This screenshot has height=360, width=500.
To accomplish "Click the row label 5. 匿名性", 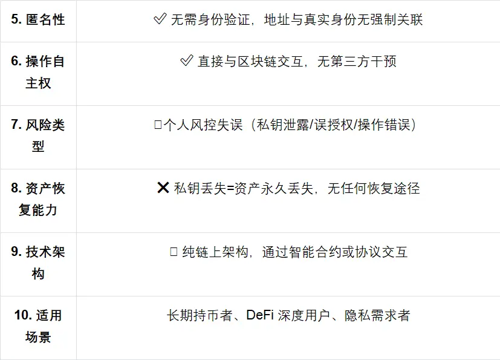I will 37,20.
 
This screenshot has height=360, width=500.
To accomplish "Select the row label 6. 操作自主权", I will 37,72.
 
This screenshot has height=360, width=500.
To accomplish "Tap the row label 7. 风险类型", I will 37,136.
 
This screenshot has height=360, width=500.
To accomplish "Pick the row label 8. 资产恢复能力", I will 37,199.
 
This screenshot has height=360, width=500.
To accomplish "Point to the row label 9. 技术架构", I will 37,263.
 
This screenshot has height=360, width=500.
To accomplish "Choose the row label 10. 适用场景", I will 37,326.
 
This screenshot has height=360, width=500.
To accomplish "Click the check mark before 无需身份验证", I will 160,20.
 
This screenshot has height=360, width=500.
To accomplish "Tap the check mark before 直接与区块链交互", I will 187,61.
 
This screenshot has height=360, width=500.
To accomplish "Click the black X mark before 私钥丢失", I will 163,188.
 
